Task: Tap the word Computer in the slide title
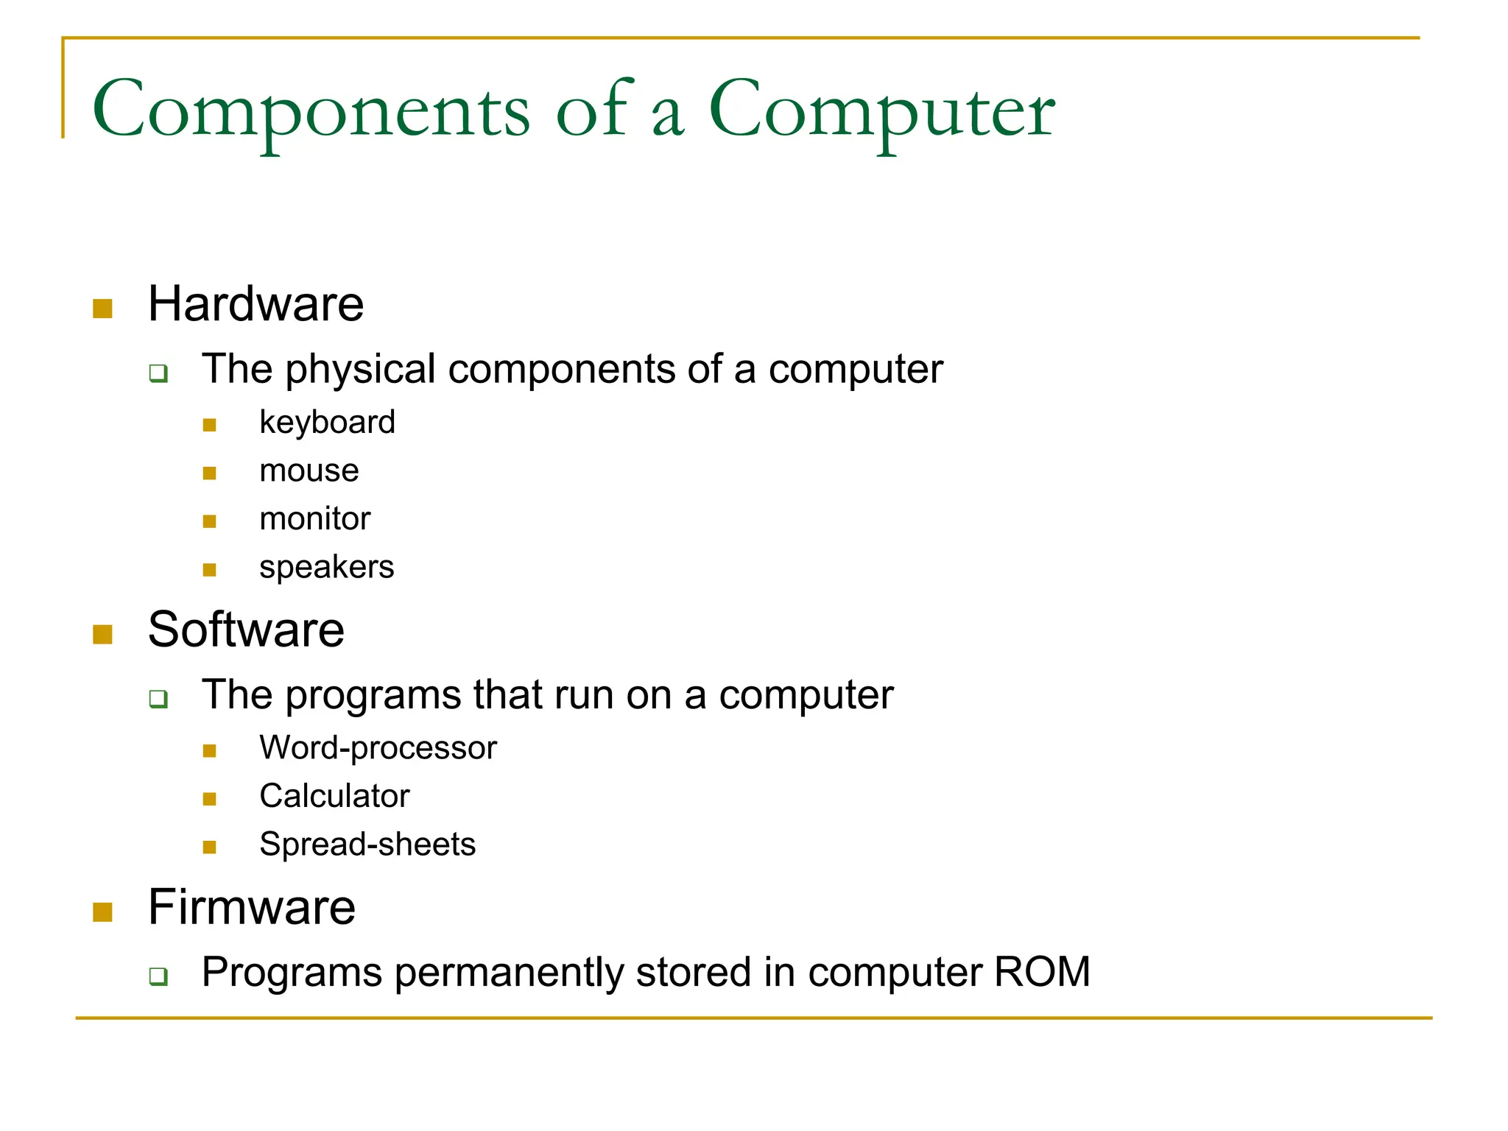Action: (881, 110)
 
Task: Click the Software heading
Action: (246, 630)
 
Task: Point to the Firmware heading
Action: (251, 907)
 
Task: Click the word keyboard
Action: (327, 423)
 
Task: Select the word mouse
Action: (309, 471)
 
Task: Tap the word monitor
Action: (314, 519)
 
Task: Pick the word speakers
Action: (326, 568)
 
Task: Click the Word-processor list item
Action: (378, 748)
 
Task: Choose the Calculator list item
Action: (334, 796)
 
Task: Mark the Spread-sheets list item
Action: (367, 845)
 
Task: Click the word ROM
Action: (1041, 972)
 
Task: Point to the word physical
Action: (360, 370)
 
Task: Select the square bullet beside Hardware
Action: (102, 309)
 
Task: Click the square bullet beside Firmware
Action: (102, 912)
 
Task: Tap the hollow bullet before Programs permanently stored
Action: (158, 976)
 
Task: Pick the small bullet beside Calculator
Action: (209, 799)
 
